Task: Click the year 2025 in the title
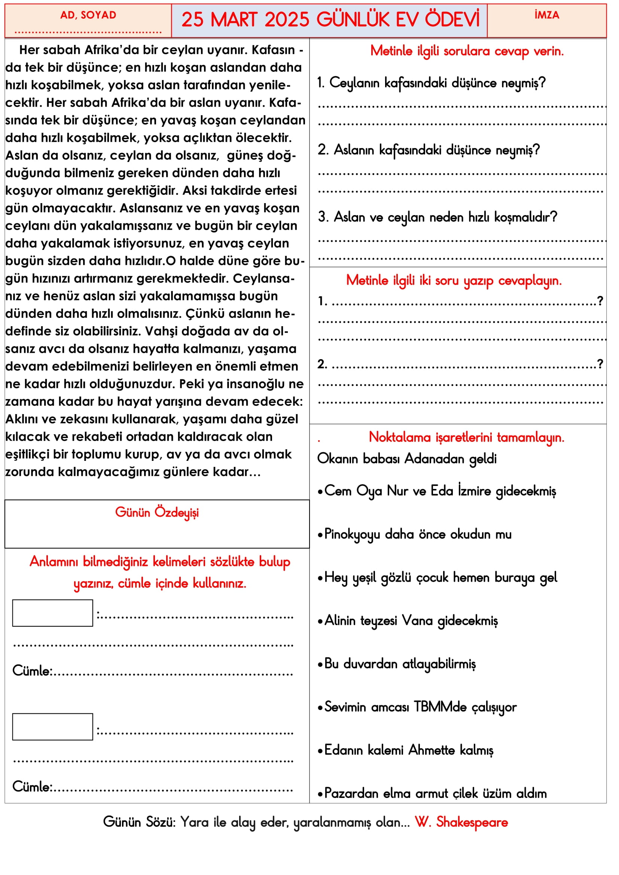pyautogui.click(x=287, y=20)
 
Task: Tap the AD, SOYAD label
pyautogui.click(x=88, y=15)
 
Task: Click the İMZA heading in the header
pyautogui.click(x=546, y=15)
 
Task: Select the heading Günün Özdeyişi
pyautogui.click(x=157, y=513)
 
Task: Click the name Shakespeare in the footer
pyautogui.click(x=472, y=822)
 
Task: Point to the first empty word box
pyautogui.click(x=53, y=613)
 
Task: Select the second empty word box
pyautogui.click(x=53, y=727)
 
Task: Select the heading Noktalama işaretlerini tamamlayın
pyautogui.click(x=466, y=437)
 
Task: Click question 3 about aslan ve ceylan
pyautogui.click(x=437, y=217)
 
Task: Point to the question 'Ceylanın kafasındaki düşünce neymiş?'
pyautogui.click(x=432, y=83)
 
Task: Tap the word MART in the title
pyautogui.click(x=233, y=20)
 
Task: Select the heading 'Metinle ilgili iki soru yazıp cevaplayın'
pyautogui.click(x=454, y=281)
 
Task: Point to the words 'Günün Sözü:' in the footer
pyautogui.click(x=139, y=822)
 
